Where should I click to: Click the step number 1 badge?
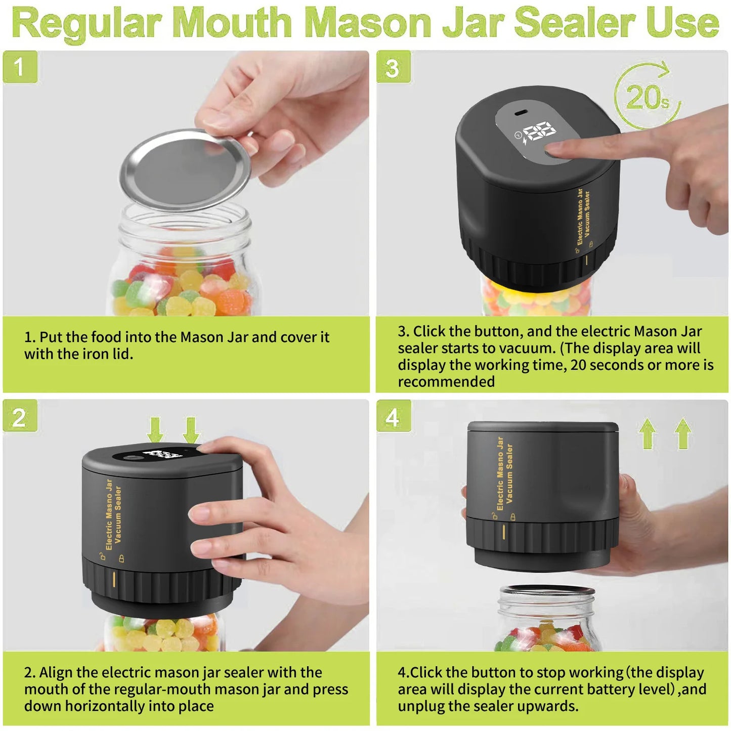pos(20,67)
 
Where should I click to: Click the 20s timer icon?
pos(647,96)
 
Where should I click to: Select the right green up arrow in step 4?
pos(682,433)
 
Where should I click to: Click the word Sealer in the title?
pos(577,23)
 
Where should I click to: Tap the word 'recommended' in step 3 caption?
pos(446,381)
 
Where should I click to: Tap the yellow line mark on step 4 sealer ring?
pos(504,533)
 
